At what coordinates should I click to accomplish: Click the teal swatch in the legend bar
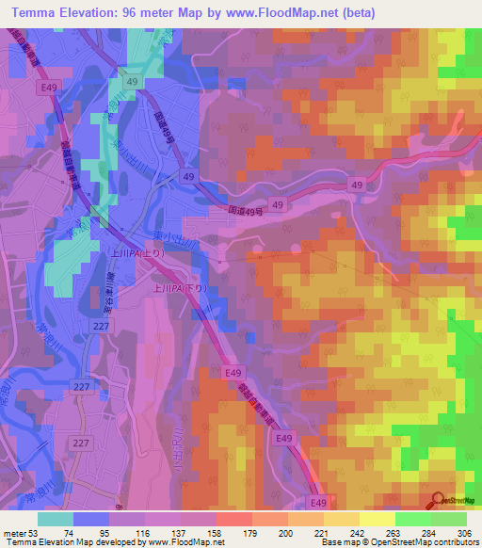(x=56, y=519)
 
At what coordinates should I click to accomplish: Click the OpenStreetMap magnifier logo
(x=438, y=502)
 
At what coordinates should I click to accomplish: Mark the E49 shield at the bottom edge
(x=318, y=502)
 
